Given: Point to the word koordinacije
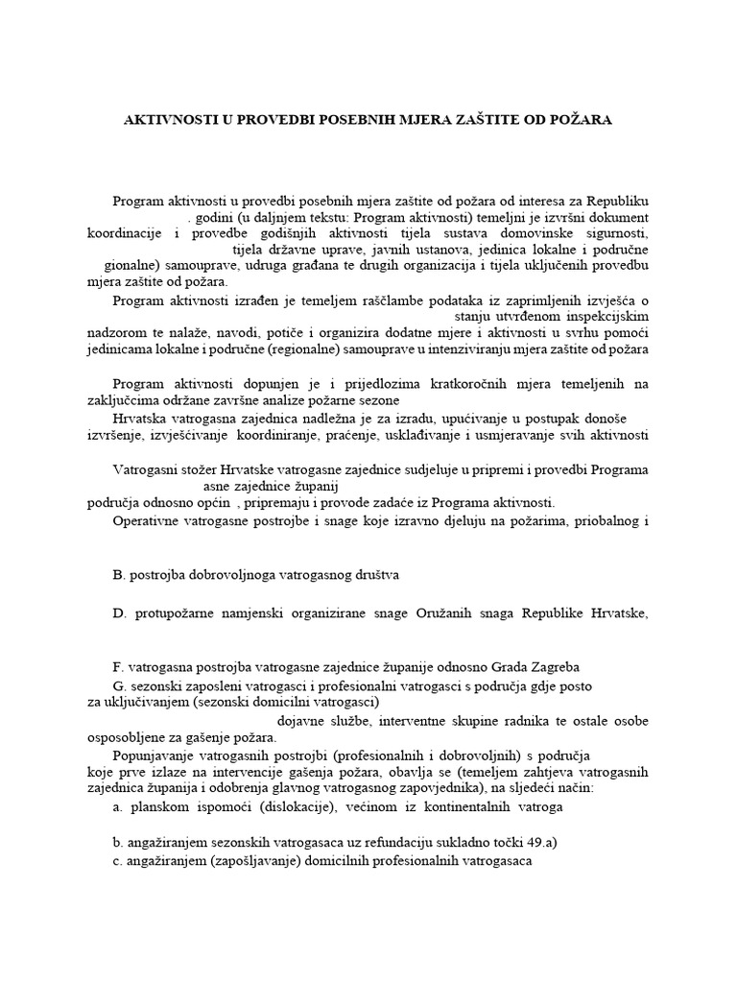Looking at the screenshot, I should [123, 233].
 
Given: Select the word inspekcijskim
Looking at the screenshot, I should [608, 315].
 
